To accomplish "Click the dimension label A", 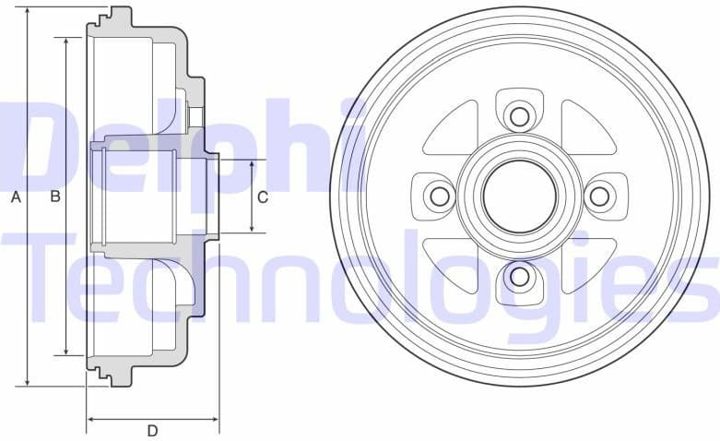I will pyautogui.click(x=15, y=197).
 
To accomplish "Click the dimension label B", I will pyautogui.click(x=55, y=197).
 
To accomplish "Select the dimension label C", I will pyautogui.click(x=263, y=197).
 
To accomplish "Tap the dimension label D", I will pyautogui.click(x=152, y=430).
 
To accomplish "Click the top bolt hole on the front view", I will pyautogui.click(x=519, y=116).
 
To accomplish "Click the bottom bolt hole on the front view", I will pyautogui.click(x=519, y=276).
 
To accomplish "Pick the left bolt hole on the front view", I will pyautogui.click(x=440, y=196).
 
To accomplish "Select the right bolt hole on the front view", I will pyautogui.click(x=599, y=196).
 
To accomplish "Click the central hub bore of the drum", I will pyautogui.click(x=519, y=196).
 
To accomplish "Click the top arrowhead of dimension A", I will pyautogui.click(x=29, y=12).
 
